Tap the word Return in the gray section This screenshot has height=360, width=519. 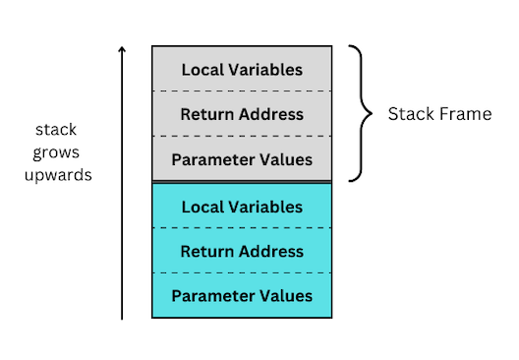coord(204,114)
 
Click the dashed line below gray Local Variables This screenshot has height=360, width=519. coord(242,91)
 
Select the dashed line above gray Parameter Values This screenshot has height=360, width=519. coord(242,137)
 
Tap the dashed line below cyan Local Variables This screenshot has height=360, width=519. coord(242,228)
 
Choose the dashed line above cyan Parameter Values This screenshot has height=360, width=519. coord(242,273)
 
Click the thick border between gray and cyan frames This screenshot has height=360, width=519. coord(242,182)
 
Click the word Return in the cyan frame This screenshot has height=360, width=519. coord(204,252)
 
